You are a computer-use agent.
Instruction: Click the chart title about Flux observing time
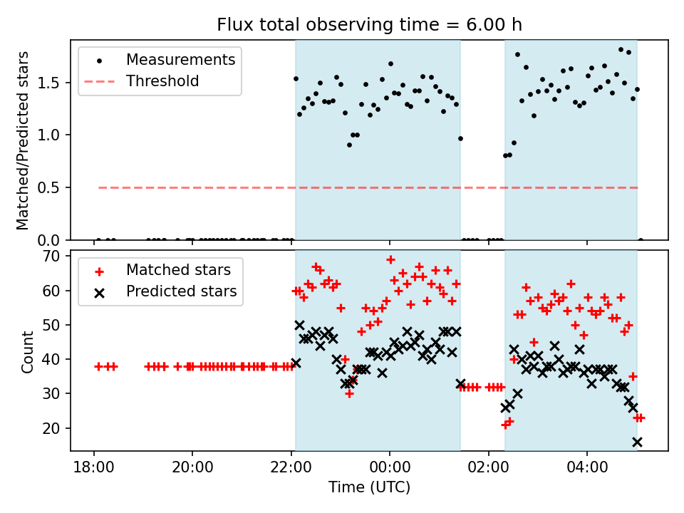coord(369,25)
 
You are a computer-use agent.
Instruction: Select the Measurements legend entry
coord(180,60)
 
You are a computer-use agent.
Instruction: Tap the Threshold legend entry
coord(162,81)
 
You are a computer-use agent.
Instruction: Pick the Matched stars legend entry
coord(177,270)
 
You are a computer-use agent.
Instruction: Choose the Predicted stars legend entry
coord(181,291)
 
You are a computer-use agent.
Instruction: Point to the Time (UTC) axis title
coord(369,487)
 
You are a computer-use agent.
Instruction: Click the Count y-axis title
coord(28,351)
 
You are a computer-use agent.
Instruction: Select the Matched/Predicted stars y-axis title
coord(23,140)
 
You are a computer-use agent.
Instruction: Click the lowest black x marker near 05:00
coord(637,442)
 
